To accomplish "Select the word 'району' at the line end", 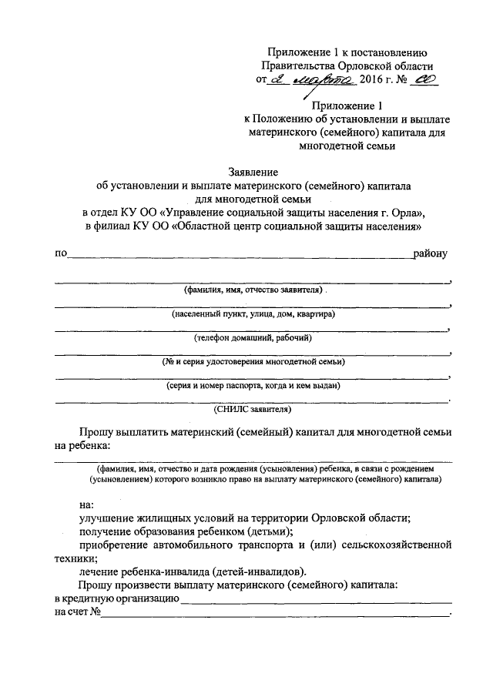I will pos(431,253).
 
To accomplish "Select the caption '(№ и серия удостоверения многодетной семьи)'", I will pos(253,361).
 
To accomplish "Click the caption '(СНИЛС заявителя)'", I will pos(253,409).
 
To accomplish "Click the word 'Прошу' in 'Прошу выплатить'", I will pos(97,432).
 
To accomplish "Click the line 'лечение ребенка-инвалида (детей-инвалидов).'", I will pos(193,571).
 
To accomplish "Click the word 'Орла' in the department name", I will pos(407,213).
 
